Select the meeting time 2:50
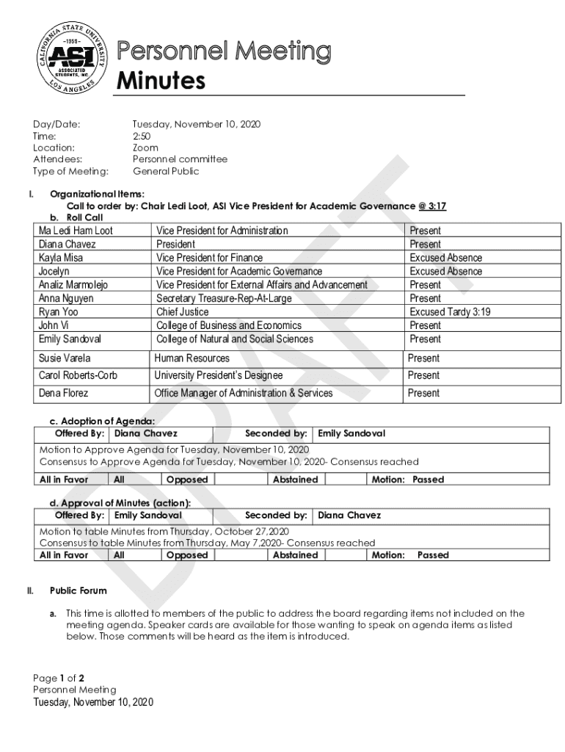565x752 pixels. pyautogui.click(x=142, y=136)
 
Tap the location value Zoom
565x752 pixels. pyautogui.click(x=145, y=148)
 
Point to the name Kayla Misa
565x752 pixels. pyautogui.click(x=61, y=258)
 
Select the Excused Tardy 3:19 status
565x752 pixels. pyautogui.click(x=450, y=312)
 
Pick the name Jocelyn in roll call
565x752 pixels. pyautogui.click(x=55, y=272)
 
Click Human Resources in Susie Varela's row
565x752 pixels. pyautogui.click(x=192, y=358)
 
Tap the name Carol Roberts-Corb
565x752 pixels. pyautogui.click(x=78, y=375)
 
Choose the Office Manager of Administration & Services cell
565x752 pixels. pyautogui.click(x=243, y=393)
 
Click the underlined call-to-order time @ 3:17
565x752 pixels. pyautogui.click(x=432, y=206)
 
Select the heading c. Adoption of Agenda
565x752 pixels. pyautogui.click(x=102, y=422)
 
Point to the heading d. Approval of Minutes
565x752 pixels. pyautogui.click(x=120, y=503)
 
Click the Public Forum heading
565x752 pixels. pyautogui.click(x=78, y=590)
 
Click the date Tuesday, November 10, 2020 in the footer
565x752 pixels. pyautogui.click(x=93, y=702)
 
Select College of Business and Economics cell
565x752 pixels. pyautogui.click(x=229, y=325)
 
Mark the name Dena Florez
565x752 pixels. pyautogui.click(x=64, y=393)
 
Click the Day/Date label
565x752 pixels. pyautogui.click(x=56, y=124)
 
